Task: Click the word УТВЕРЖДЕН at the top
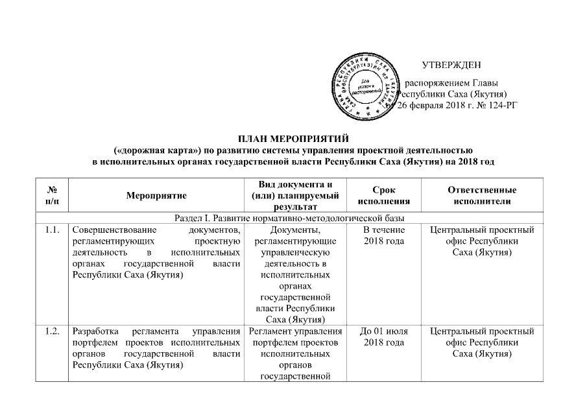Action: pos(451,65)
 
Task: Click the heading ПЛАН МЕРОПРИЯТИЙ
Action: pos(293,138)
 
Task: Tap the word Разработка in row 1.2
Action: pos(94,332)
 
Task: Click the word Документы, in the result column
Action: pos(299,230)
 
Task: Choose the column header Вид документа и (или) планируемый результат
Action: pos(299,194)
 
